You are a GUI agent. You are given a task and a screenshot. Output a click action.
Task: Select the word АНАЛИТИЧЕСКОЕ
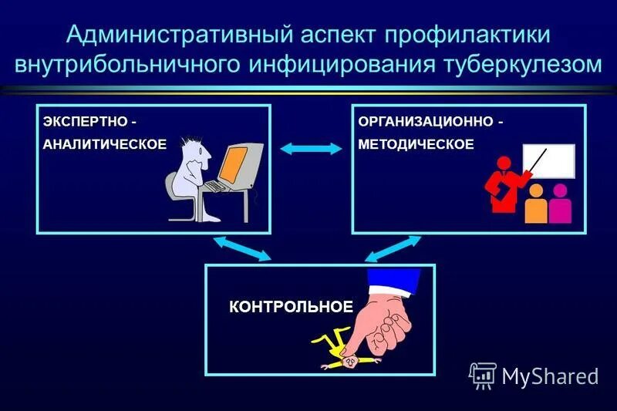coord(103,145)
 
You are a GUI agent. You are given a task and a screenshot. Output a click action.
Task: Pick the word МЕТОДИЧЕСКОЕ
coord(416,145)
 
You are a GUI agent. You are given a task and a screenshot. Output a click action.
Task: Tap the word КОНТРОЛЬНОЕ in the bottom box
coord(291,306)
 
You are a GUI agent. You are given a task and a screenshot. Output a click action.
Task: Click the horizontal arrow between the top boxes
coord(311,148)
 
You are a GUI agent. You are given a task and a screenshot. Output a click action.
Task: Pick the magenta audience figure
coord(561,202)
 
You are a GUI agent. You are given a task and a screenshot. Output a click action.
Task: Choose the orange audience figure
coord(535,204)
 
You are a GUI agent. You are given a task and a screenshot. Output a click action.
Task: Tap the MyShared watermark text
coord(549,376)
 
